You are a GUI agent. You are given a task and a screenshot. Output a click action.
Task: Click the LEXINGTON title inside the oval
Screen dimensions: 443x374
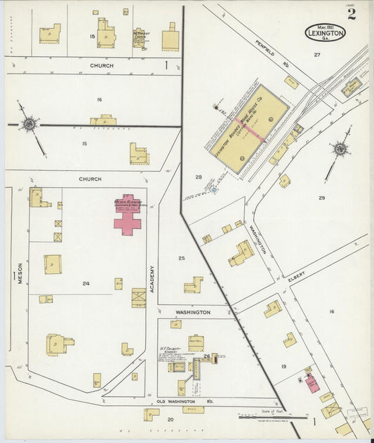click(x=325, y=33)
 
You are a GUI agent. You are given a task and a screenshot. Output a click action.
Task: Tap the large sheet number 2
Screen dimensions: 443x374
click(x=351, y=15)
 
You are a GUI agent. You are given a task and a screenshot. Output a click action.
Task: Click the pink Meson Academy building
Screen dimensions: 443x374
click(x=127, y=217)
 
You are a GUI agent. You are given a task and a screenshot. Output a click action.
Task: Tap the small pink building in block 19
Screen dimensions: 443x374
click(x=312, y=383)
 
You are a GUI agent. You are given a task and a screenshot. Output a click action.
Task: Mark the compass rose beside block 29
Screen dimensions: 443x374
click(x=340, y=149)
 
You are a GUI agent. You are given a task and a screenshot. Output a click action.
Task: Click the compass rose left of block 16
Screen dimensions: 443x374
click(x=29, y=125)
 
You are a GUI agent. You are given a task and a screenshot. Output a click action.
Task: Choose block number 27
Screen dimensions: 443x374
click(x=316, y=55)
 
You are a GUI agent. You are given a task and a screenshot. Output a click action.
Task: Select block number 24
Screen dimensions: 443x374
click(x=86, y=284)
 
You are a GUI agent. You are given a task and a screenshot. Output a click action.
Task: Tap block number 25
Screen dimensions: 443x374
click(x=181, y=259)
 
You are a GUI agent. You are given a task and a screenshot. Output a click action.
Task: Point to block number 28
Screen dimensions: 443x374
click(x=199, y=177)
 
